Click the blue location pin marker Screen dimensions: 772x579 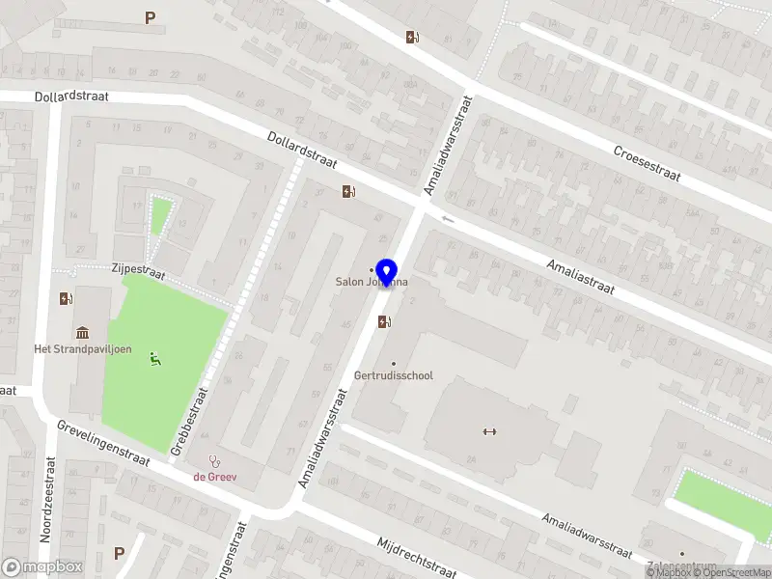point(387,273)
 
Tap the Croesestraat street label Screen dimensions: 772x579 point(647,164)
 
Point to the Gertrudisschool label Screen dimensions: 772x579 point(394,375)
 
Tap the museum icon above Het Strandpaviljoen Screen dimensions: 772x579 point(76,332)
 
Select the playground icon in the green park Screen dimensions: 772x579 point(154,359)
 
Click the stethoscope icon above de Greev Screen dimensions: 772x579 point(214,461)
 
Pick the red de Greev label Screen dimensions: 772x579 point(214,476)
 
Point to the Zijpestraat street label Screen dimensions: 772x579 point(138,273)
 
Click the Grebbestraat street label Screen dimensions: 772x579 point(190,421)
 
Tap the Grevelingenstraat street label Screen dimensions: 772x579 point(102,443)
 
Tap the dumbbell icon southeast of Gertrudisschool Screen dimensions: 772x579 point(488,431)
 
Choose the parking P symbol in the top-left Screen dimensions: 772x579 point(150,17)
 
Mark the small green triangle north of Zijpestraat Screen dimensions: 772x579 point(160,213)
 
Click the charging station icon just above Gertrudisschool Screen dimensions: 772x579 point(385,322)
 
